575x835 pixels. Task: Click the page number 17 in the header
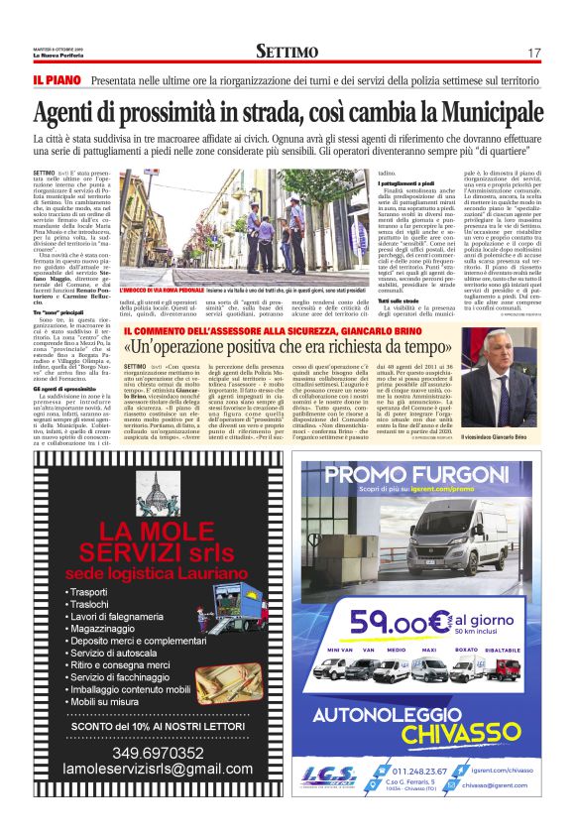pos(533,53)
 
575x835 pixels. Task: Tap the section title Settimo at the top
pos(287,52)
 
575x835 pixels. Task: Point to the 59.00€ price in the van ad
pos(394,623)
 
